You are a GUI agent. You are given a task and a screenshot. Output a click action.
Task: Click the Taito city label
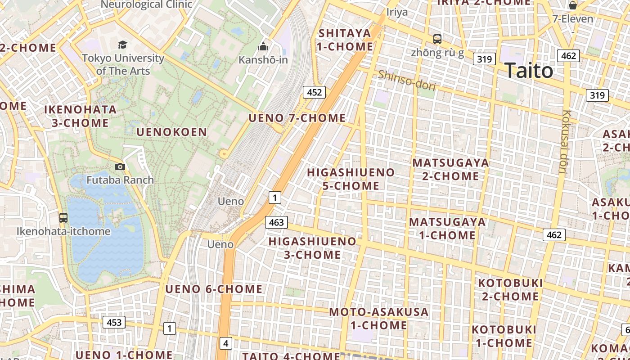point(528,71)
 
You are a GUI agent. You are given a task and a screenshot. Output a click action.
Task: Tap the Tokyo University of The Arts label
point(123,64)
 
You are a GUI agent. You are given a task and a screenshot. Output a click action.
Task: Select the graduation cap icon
point(122,44)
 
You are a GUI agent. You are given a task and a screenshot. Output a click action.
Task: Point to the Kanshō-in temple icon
point(263,46)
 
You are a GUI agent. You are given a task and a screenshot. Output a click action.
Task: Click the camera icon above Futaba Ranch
point(120,166)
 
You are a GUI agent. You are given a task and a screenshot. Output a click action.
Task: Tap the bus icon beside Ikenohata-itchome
point(63,218)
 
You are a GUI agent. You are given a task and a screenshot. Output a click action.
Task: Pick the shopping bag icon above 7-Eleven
point(573,5)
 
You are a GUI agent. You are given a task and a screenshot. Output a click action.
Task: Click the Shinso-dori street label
point(406,81)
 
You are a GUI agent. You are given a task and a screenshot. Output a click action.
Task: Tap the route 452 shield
point(314,92)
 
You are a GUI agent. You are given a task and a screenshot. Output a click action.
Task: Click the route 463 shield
point(276,222)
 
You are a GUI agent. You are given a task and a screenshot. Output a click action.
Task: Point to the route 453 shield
point(114,322)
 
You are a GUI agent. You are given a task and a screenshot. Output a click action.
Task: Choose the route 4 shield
point(226,344)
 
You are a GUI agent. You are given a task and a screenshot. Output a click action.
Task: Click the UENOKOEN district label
point(171,132)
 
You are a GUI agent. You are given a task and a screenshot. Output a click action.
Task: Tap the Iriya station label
point(397,12)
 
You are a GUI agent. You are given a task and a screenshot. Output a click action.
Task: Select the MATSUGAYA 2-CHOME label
point(450,169)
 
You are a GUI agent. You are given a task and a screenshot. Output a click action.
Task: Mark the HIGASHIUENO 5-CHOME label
point(351,179)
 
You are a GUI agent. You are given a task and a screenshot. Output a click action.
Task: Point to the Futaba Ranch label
point(120,180)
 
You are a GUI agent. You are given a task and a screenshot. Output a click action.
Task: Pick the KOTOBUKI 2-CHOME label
point(510,289)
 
